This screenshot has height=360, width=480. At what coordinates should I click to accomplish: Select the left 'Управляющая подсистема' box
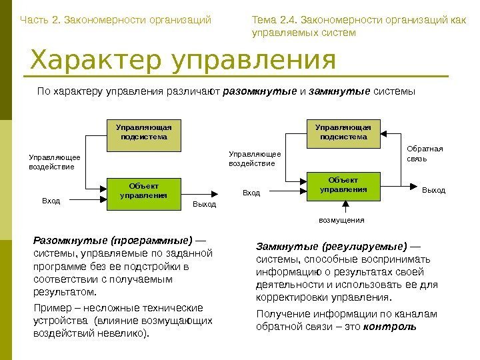143,132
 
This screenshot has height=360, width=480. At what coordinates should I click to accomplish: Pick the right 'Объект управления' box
343,185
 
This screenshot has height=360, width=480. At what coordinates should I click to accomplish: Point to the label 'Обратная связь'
425,154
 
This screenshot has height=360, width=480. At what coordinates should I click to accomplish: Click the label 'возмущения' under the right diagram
342,219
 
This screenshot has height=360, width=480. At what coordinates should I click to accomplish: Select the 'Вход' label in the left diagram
51,199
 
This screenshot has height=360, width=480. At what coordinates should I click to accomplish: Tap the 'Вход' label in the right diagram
251,193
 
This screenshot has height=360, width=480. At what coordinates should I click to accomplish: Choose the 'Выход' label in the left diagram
205,203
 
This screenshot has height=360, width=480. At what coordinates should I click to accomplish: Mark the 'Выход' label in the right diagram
433,191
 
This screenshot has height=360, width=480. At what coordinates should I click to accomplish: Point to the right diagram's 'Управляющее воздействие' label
255,158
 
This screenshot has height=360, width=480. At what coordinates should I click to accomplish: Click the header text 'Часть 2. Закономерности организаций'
115,20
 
